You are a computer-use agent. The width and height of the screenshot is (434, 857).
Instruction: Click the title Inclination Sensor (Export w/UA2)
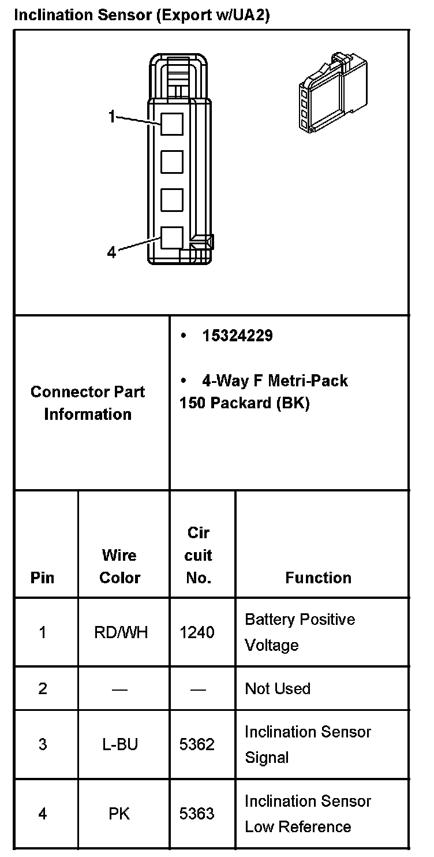[141, 15]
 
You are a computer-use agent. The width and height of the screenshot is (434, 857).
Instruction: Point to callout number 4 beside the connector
[111, 252]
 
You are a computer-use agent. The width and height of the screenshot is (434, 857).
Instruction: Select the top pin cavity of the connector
[171, 124]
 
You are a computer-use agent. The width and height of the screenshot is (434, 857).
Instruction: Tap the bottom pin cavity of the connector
[171, 237]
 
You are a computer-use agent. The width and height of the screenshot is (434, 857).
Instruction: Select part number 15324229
[237, 336]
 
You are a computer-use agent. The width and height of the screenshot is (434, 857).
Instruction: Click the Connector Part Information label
[88, 403]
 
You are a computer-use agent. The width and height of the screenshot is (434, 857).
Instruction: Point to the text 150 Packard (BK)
[244, 403]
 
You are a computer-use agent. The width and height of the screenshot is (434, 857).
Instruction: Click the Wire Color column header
[119, 567]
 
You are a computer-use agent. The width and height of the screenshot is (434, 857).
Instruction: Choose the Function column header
[318, 577]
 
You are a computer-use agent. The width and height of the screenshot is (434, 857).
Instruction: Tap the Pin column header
[42, 577]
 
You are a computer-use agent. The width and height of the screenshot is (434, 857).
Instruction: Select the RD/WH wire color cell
[121, 632]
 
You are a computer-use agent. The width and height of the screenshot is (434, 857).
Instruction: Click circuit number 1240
[197, 632]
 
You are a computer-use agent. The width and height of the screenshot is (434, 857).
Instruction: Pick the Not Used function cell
[278, 688]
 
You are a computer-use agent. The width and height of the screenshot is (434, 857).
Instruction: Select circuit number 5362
[197, 744]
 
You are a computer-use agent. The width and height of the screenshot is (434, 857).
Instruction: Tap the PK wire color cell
[119, 814]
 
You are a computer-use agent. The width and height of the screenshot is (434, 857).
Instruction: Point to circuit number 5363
[197, 814]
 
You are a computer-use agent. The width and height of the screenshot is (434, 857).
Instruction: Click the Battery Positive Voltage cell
[300, 632]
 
